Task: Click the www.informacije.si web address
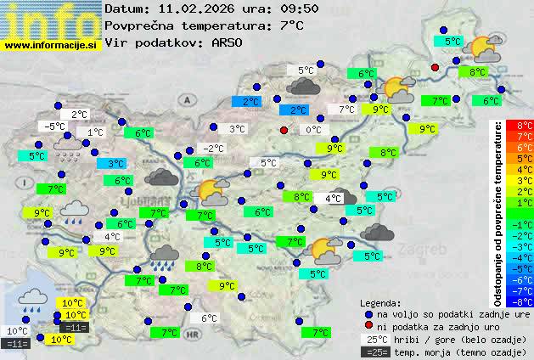click(x=51, y=45)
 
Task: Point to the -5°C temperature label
click(x=56, y=127)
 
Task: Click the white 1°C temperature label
click(x=94, y=132)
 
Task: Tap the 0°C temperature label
click(x=313, y=130)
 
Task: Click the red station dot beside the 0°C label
click(x=284, y=130)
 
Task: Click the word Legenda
click(x=380, y=303)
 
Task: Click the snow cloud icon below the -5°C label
click(x=68, y=149)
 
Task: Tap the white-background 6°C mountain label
click(x=209, y=318)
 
